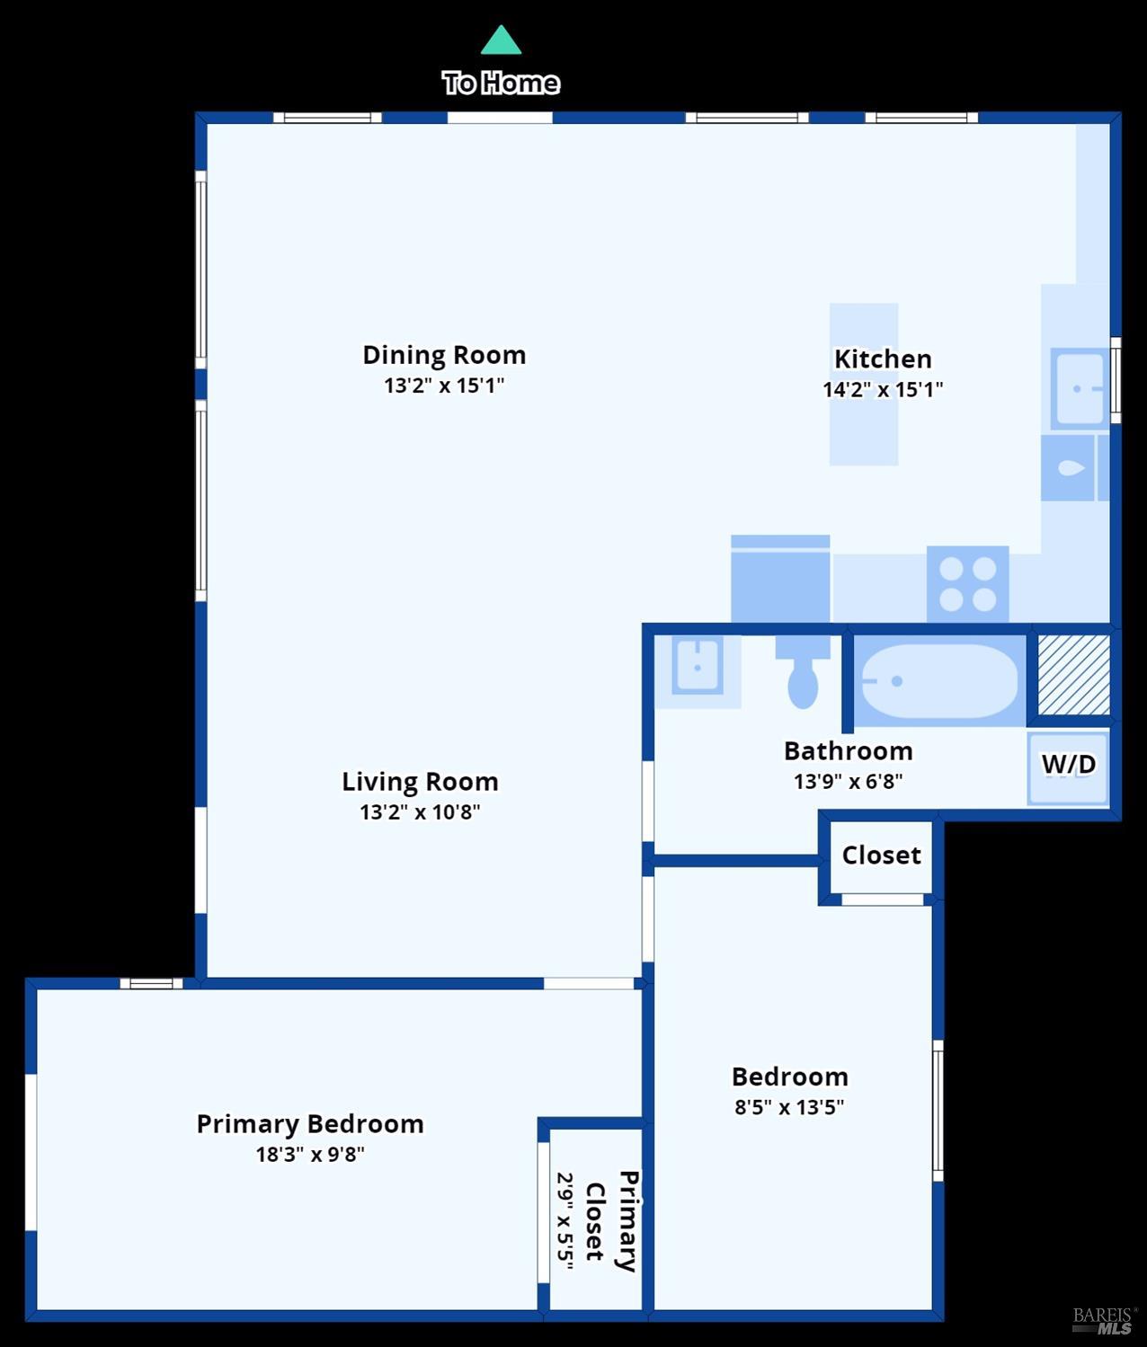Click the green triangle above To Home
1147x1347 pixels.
coord(501,42)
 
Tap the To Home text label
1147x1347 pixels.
coord(501,83)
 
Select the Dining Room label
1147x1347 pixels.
coord(444,355)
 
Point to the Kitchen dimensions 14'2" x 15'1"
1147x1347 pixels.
coord(883,389)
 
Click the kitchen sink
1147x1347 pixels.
coord(1079,389)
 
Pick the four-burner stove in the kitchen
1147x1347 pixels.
coord(967,583)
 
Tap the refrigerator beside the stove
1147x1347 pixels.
coord(780,580)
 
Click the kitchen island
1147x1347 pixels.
coord(863,384)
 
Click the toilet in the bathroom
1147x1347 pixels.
coord(803,673)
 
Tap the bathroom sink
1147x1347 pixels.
coord(698,667)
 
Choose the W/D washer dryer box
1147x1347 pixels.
coord(1068,765)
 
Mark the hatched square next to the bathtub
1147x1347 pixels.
coord(1073,675)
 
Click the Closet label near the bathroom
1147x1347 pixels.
coord(881,855)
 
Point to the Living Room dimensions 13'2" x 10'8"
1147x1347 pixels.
coord(420,811)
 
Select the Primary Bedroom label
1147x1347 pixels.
coord(310,1123)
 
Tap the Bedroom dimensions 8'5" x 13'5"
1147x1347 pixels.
coord(789,1107)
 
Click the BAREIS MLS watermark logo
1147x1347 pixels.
coord(1104,1320)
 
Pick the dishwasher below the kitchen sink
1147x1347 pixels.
coord(1068,468)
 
